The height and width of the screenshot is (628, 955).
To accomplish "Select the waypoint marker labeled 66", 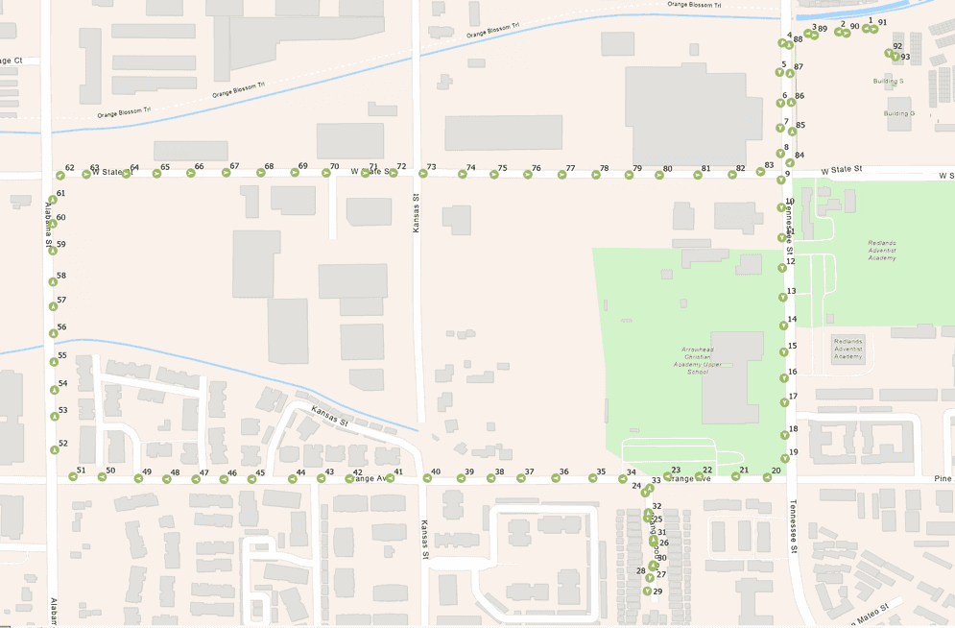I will tap(190, 174).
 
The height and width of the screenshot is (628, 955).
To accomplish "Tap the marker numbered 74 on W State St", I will tap(462, 175).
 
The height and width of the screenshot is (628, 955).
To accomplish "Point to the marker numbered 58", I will tap(52, 282).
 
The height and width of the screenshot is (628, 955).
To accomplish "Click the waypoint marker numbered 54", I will tap(53, 390).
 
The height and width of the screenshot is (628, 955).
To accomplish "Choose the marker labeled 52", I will tap(54, 450).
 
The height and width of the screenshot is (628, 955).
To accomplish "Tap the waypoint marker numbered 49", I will tap(138, 478).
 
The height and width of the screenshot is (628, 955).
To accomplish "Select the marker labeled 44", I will tap(293, 478).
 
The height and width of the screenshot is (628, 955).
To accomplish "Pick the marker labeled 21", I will tap(735, 476).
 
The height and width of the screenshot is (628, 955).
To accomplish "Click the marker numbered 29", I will tap(647, 592).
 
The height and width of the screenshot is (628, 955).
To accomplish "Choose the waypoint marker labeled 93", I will tap(895, 58).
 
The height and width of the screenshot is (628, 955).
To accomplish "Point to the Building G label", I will tap(898, 113).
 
